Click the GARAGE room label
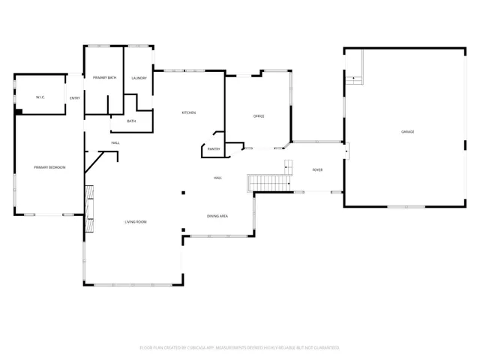[x=407, y=132]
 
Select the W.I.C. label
[x=41, y=97]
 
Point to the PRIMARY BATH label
[x=104, y=78]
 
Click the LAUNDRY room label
[x=139, y=78]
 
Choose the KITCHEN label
[x=189, y=112]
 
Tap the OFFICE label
[x=259, y=116]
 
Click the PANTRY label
[x=214, y=149]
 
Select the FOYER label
[x=318, y=170]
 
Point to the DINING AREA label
[x=217, y=216]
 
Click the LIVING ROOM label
[x=136, y=221]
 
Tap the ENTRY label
[x=75, y=98]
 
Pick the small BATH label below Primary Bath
[x=131, y=121]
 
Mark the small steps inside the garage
[x=353, y=79]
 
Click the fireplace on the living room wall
[x=89, y=208]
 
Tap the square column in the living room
[x=183, y=192]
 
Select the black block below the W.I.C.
[x=19, y=112]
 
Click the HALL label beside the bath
[x=115, y=142]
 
